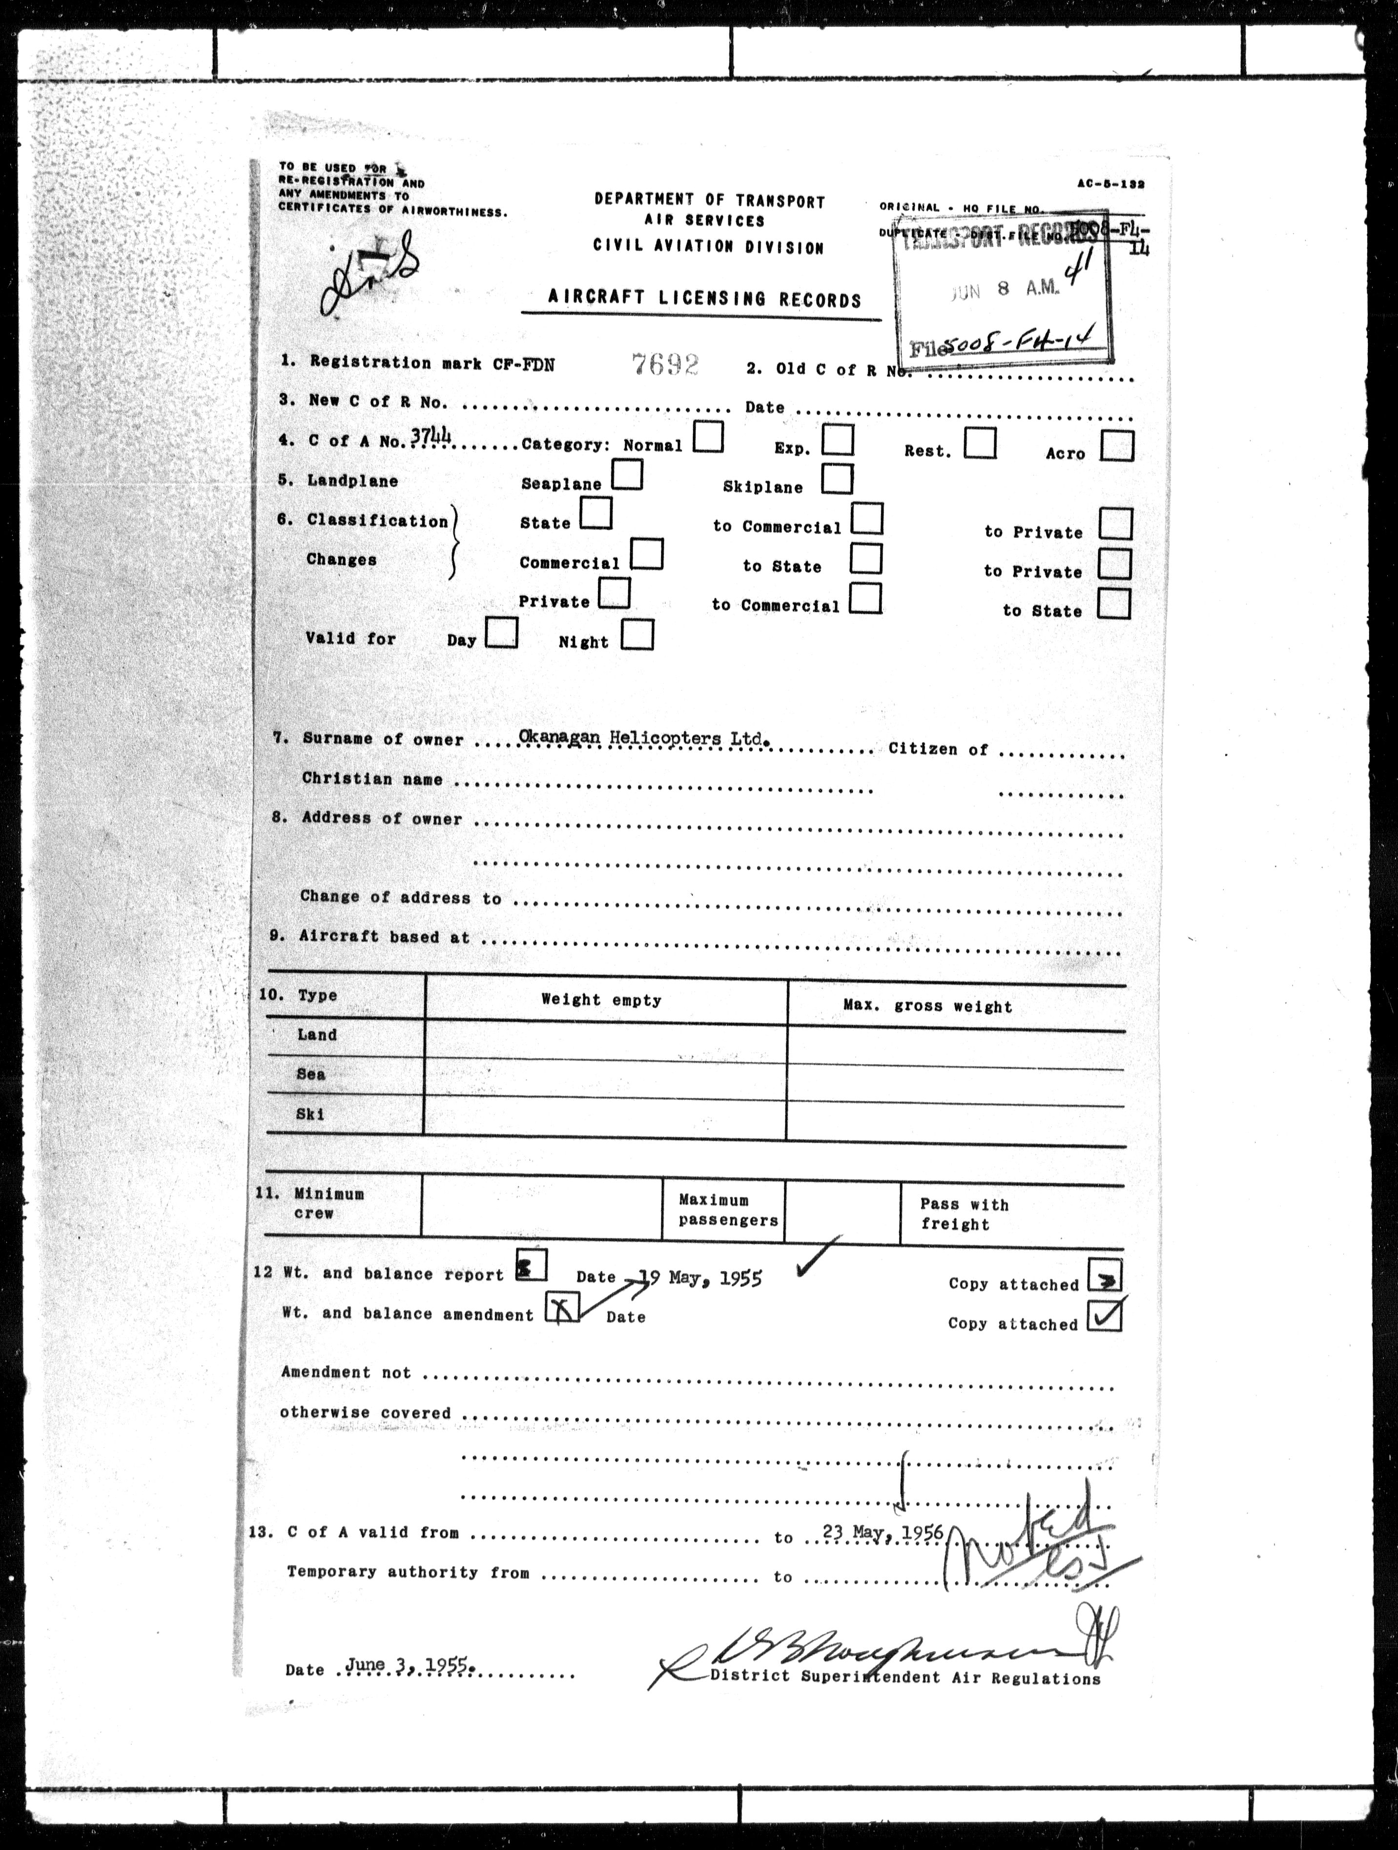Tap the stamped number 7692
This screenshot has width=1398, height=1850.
click(665, 364)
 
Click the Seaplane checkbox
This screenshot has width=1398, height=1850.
click(627, 476)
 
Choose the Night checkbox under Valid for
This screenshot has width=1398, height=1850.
click(637, 635)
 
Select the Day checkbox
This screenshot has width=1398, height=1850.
click(502, 632)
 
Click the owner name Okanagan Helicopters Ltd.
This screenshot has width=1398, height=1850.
click(642, 738)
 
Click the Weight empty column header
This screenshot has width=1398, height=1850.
click(601, 1000)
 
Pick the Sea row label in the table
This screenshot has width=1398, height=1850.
click(310, 1074)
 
